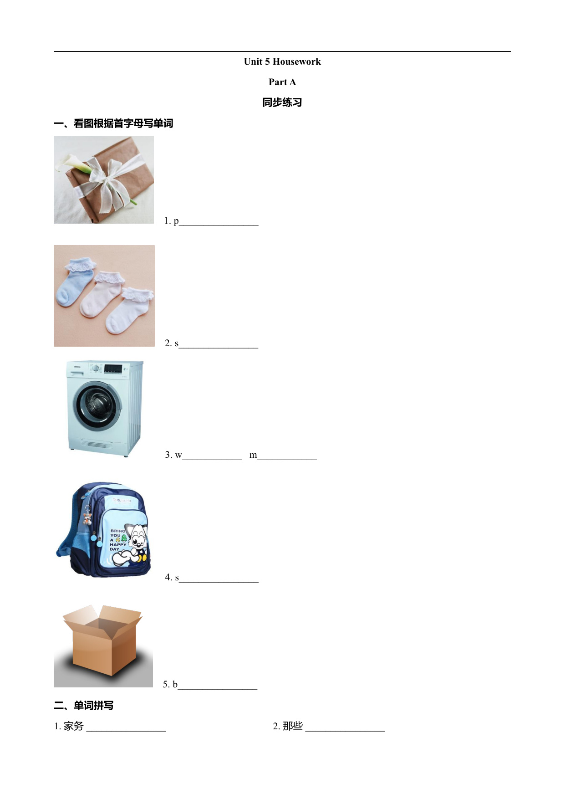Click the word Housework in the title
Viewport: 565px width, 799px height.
[296, 61]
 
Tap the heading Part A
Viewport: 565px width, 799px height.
[282, 82]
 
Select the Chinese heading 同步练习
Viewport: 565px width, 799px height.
[282, 102]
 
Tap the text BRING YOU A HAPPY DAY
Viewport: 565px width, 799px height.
[118, 540]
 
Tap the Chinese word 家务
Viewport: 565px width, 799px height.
[74, 726]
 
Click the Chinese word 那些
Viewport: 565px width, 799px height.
[293, 726]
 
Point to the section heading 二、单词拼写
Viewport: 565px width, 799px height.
[84, 706]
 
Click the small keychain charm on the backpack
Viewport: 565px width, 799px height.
[87, 517]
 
